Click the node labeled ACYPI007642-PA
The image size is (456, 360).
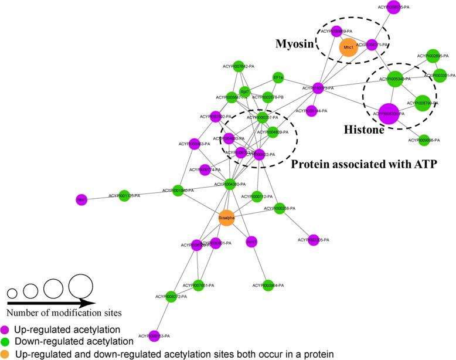tap(239, 67)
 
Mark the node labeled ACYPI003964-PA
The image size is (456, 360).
tap(268, 285)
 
